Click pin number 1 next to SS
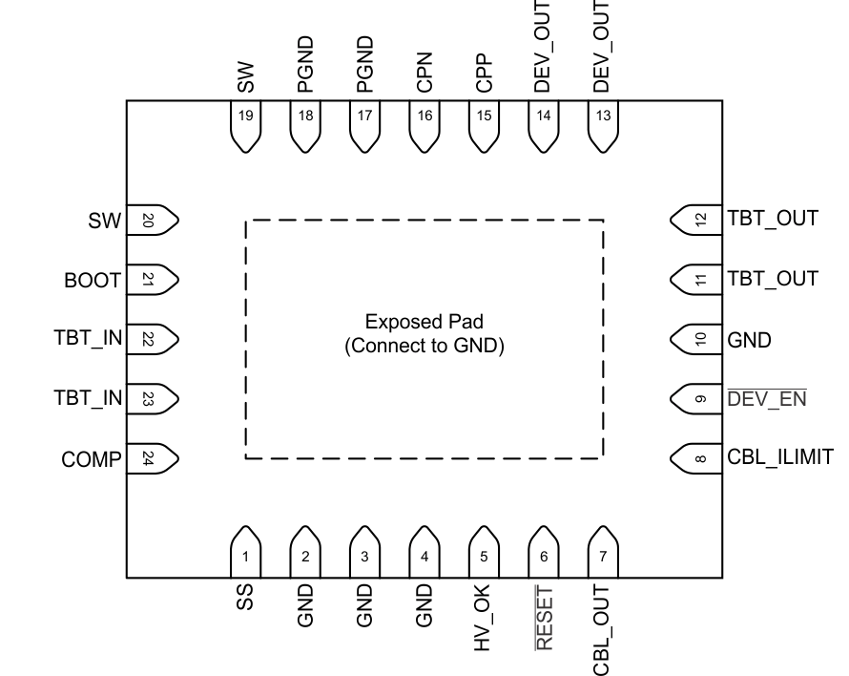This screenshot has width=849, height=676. tap(245, 555)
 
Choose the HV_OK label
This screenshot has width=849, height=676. tap(484, 621)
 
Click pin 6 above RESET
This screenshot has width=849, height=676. tap(544, 555)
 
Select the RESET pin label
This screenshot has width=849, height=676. tap(544, 622)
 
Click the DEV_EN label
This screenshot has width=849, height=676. tap(767, 398)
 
